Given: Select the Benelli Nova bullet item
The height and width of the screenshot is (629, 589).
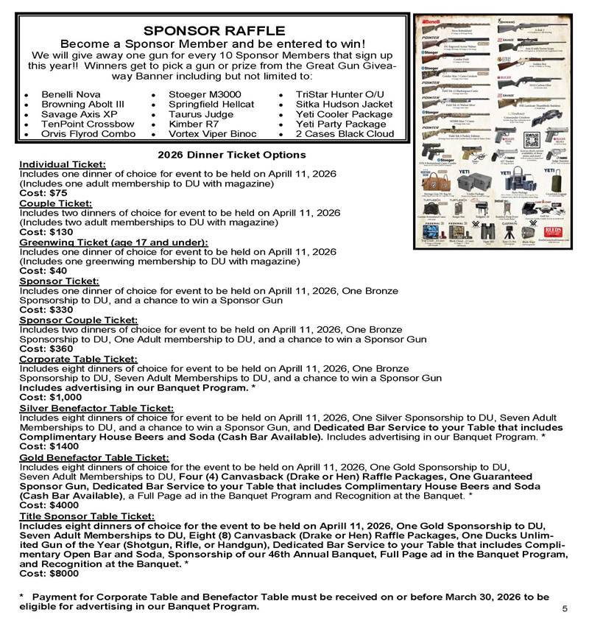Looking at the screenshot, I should pos(71,95).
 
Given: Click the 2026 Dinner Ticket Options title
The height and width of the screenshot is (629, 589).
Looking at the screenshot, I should pos(232,155).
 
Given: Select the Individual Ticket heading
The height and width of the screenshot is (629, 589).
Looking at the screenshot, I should pos(63,164).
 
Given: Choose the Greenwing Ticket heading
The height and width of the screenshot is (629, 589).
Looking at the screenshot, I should pos(113,242).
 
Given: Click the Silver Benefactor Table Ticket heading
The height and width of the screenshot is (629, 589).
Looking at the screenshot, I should pos(96,407).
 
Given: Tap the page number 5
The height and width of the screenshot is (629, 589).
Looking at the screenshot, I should pos(565,609).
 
